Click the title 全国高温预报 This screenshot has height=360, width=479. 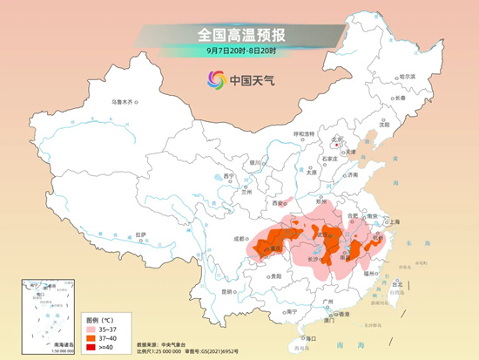click(240, 35)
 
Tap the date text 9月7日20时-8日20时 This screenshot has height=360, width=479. click(240, 51)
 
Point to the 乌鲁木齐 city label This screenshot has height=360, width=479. click(123, 102)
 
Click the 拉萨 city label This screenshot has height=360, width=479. click(140, 234)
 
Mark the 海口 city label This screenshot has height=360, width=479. click(311, 337)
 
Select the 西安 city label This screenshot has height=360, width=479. click(278, 202)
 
